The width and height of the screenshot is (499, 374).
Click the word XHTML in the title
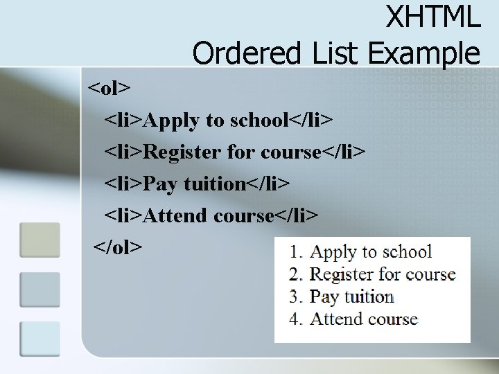tap(433, 17)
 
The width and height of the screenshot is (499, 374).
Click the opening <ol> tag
tap(109, 88)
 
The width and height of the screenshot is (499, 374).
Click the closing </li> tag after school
tap(311, 120)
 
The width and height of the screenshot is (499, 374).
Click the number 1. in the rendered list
tap(296, 253)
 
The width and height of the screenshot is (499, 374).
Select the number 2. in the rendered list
tap(296, 275)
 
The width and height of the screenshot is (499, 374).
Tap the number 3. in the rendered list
tap(296, 297)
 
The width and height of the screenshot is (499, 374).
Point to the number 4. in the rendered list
tap(296, 319)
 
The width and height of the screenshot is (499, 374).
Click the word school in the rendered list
tap(407, 252)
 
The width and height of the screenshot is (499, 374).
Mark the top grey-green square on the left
tap(40, 240)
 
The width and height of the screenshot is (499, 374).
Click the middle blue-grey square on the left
tap(40, 289)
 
